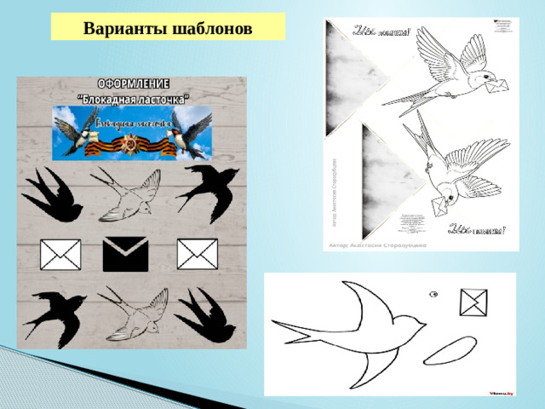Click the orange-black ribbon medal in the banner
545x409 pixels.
[x=133, y=146]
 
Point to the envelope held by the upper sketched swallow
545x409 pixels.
[x=496, y=83]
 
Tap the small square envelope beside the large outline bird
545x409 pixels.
[x=473, y=302]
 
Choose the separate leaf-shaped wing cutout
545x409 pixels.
[x=449, y=349]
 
